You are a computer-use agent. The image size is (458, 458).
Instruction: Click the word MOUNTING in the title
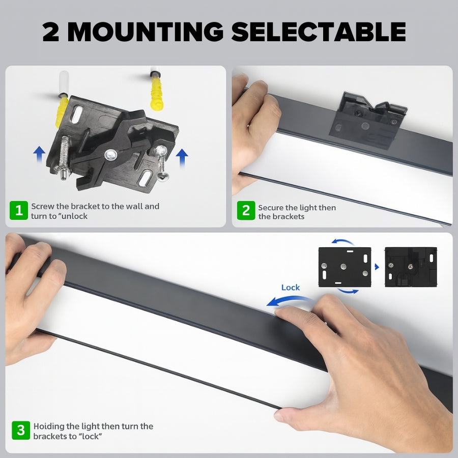tap(145, 32)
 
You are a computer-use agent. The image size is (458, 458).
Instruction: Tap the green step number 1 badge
tap(19, 211)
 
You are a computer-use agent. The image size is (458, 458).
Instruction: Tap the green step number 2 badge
tap(246, 211)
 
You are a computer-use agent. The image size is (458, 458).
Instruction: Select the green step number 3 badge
tap(20, 431)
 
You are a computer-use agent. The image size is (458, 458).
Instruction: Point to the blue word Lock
tap(290, 288)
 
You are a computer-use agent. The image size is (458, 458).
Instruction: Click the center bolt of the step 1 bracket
tap(110, 154)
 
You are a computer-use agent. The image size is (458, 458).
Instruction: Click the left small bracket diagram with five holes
tap(345, 267)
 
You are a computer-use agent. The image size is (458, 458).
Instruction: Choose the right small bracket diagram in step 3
tap(411, 267)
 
